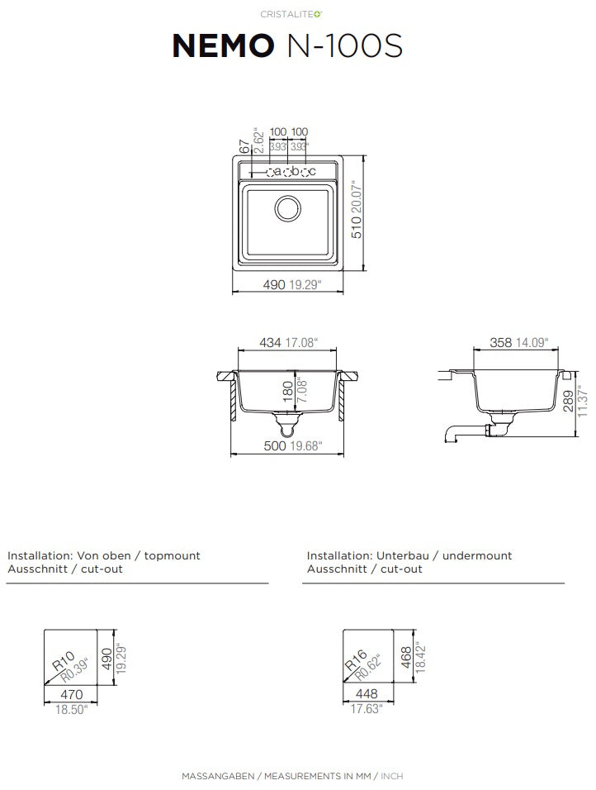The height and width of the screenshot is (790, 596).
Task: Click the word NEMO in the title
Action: coord(223,45)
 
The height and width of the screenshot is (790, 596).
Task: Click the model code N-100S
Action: coord(344,45)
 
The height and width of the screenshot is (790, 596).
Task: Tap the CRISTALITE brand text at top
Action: coord(291,14)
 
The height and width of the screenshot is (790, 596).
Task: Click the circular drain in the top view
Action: coord(288,208)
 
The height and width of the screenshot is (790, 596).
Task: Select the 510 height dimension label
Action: coord(357,226)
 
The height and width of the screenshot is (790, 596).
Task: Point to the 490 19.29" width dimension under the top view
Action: coord(292,284)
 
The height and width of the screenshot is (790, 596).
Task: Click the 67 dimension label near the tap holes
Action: coord(244,146)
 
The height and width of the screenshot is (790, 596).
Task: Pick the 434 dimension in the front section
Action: coord(270,343)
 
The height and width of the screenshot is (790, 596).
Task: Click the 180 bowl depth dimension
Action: coord(288,392)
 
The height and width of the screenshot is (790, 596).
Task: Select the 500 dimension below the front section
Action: coord(275,446)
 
